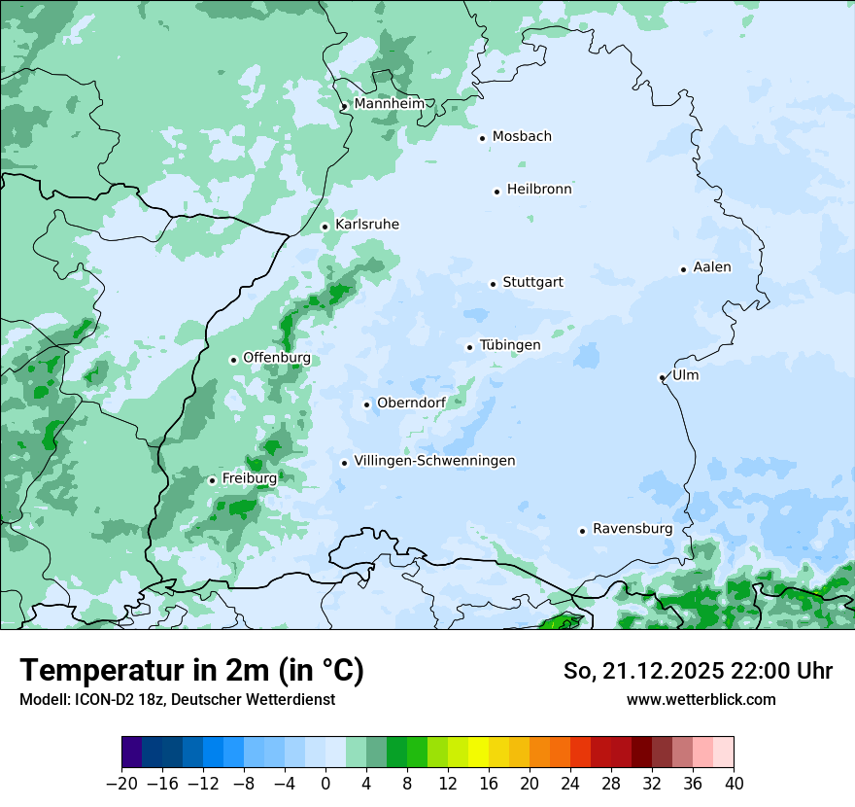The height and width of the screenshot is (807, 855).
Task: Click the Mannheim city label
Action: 389,103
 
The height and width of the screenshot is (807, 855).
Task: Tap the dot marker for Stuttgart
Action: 493,284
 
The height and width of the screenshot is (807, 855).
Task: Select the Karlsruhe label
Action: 366,225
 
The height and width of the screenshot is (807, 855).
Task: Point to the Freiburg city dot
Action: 212,480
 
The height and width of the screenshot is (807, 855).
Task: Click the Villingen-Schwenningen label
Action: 434,461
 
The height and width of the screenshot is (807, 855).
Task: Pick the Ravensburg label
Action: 632,529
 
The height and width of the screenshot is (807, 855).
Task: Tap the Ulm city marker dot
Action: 662,377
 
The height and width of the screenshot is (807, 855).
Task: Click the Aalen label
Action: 711,267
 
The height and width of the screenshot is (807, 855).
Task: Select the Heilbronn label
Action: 538,190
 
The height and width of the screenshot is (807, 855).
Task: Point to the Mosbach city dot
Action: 482,138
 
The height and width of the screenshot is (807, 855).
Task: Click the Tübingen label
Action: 509,345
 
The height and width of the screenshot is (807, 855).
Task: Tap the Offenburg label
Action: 276,358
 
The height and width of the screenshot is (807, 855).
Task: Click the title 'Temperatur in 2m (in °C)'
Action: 191,671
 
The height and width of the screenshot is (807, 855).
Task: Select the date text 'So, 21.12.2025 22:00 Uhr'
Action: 698,671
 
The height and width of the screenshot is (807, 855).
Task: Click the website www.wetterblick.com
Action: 701,699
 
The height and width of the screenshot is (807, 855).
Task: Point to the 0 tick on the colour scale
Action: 325,784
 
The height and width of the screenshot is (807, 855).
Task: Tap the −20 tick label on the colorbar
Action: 122,784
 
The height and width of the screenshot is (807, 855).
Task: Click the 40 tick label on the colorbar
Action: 734,784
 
